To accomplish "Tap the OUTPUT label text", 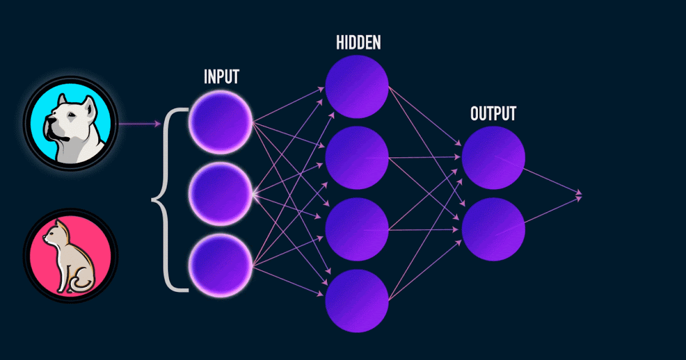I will [493, 113].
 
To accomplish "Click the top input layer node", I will [221, 122].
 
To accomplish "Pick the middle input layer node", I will [221, 194].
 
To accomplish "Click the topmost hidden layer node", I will [357, 86].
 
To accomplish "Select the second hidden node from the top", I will [357, 158].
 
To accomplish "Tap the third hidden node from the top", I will [357, 230].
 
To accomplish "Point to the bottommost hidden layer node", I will [357, 300].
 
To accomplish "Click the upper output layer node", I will [493, 157].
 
